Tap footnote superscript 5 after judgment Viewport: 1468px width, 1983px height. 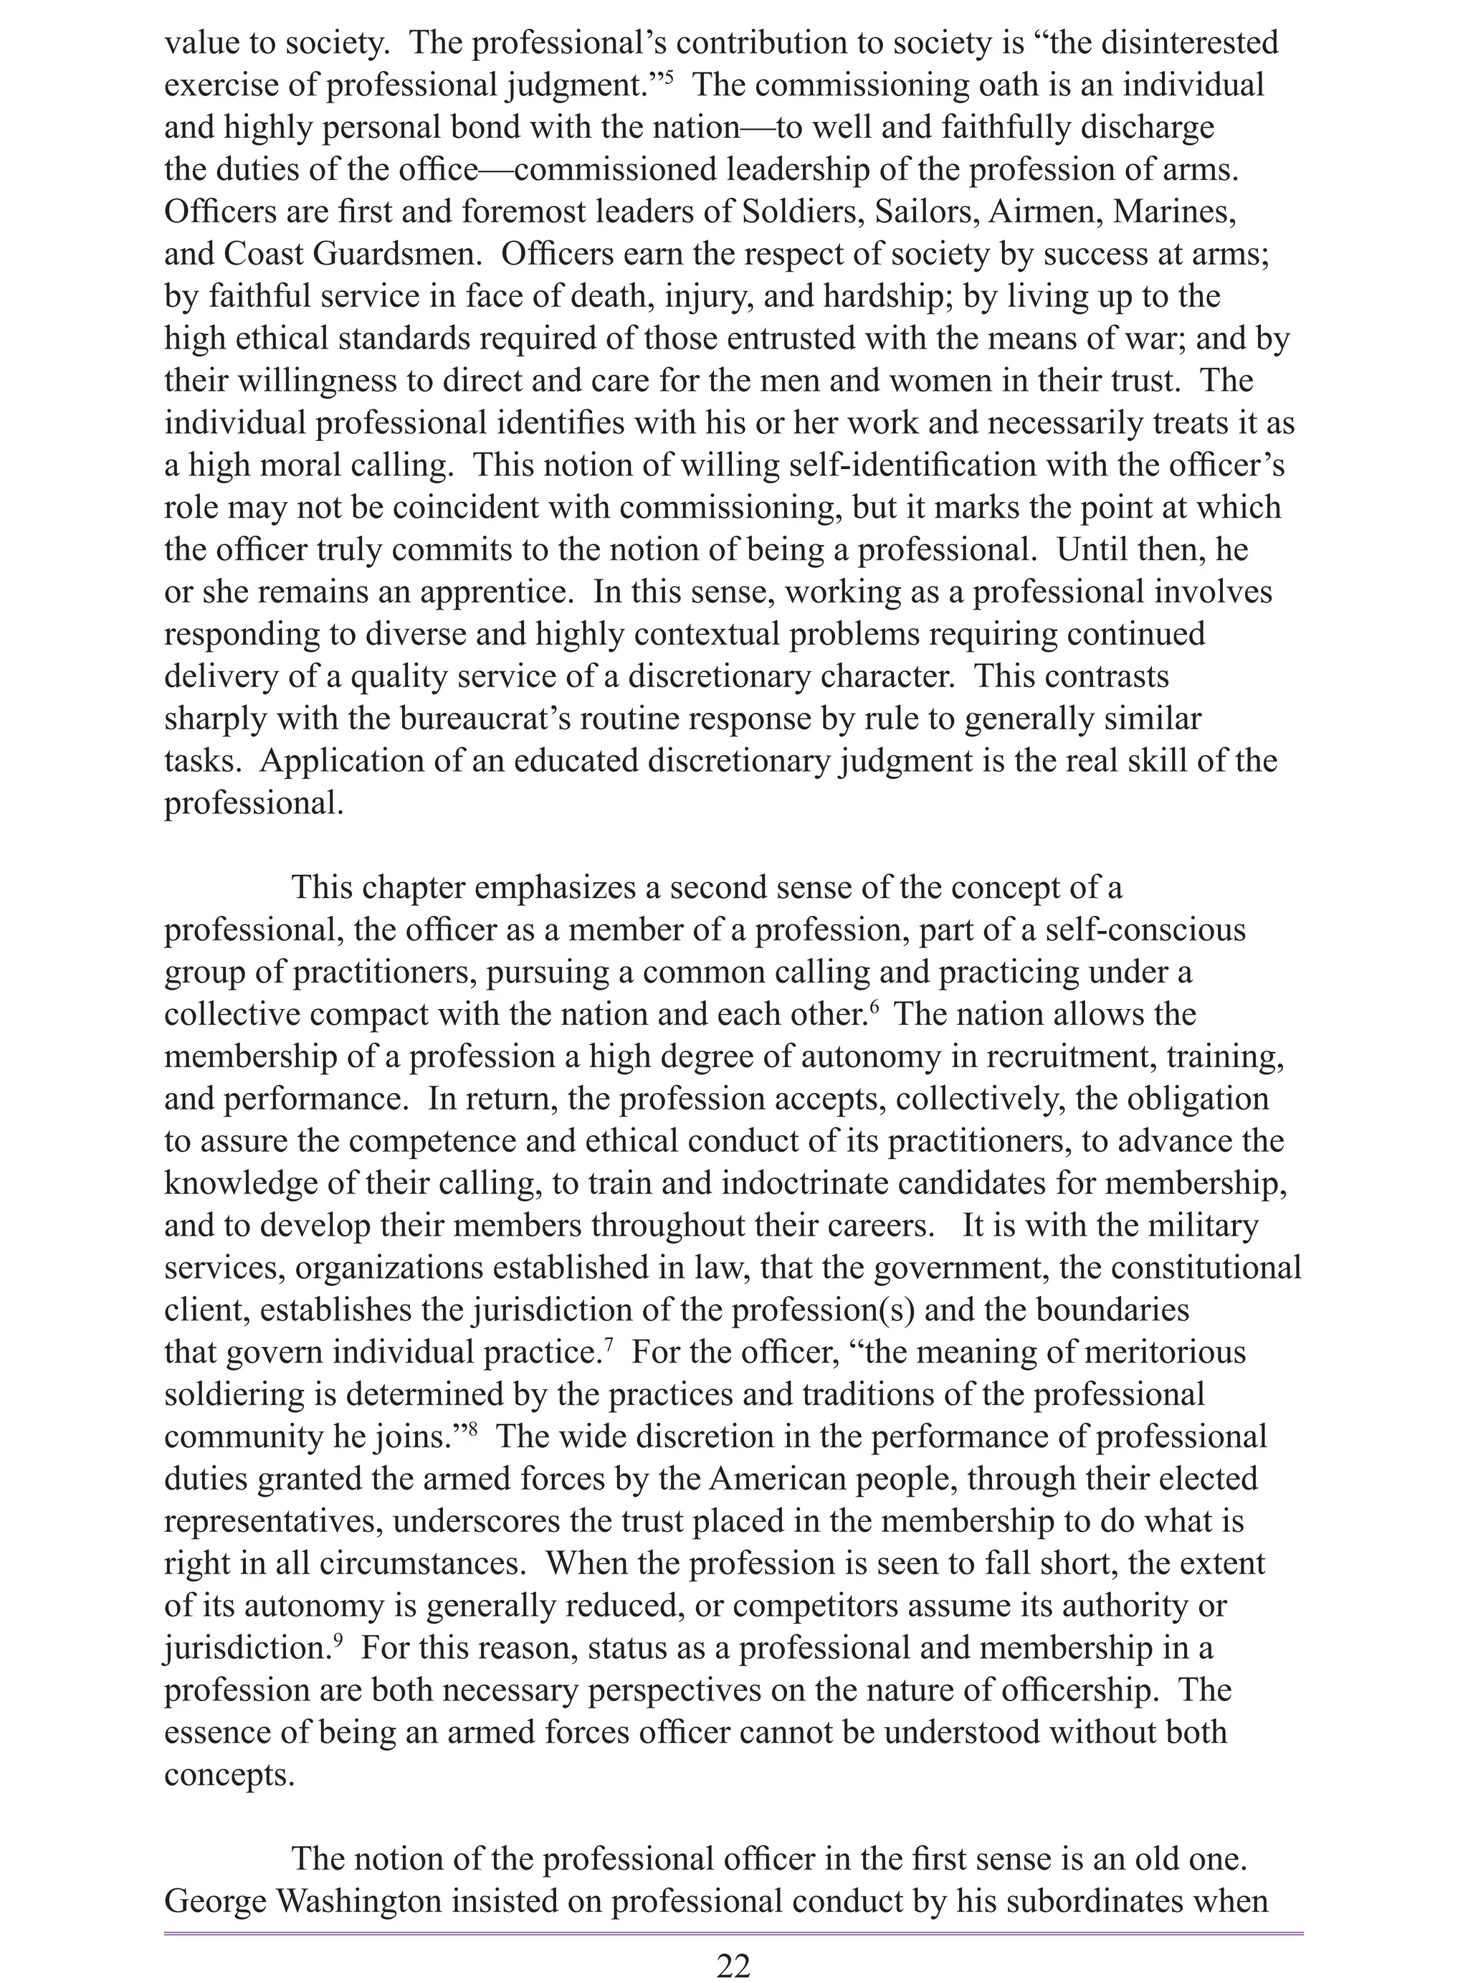[668, 78]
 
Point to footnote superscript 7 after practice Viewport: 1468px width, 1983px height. [609, 1345]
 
